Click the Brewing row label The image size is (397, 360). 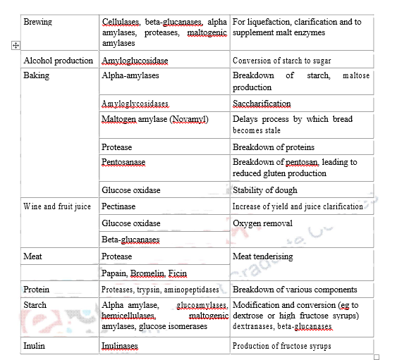(38, 23)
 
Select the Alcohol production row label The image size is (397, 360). (59, 61)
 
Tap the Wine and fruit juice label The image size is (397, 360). (57, 206)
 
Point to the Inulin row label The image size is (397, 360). (35, 346)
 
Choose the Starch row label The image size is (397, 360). (35, 305)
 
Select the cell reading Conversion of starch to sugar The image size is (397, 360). (291, 61)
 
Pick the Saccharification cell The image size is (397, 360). (261, 104)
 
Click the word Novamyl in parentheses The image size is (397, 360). (188, 120)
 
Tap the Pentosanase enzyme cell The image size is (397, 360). (123, 162)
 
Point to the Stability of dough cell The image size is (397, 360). (265, 190)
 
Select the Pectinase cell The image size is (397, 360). (118, 206)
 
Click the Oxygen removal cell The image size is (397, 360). (262, 223)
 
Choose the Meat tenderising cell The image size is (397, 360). (262, 256)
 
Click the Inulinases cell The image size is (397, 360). (120, 346)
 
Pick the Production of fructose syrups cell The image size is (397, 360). (281, 346)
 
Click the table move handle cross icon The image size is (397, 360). (14, 46)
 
